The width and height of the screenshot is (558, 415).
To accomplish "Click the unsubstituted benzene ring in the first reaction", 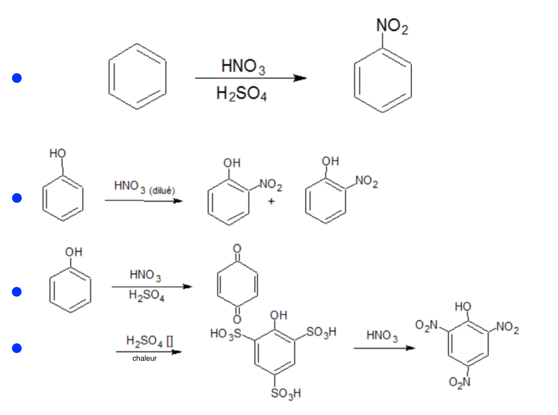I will (137, 77).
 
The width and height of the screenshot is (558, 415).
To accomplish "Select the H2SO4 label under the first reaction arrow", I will (241, 93).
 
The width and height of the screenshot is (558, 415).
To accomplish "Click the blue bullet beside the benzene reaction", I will (17, 78).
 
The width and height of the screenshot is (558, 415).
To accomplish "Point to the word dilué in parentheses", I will (162, 191).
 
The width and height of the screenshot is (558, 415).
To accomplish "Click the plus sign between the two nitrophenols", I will (271, 201).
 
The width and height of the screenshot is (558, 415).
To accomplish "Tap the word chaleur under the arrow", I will (144, 358).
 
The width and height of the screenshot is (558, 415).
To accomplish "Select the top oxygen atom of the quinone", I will (237, 248).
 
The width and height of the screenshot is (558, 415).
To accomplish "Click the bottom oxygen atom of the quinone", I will (237, 319).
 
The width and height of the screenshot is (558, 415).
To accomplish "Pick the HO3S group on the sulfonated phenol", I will (226, 334).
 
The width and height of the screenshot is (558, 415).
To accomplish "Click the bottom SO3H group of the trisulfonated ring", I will (286, 394).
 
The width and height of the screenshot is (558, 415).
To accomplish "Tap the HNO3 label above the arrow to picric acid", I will (382, 336).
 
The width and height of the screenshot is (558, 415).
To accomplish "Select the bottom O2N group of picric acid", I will (459, 382).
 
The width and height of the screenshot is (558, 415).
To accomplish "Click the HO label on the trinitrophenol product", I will (463, 306).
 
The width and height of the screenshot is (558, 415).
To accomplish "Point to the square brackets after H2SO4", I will (170, 341).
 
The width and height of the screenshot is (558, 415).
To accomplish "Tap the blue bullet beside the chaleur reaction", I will (17, 348).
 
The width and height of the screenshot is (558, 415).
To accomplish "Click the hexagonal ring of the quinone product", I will (237, 284).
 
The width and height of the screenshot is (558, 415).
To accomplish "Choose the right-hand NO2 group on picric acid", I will (508, 327).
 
